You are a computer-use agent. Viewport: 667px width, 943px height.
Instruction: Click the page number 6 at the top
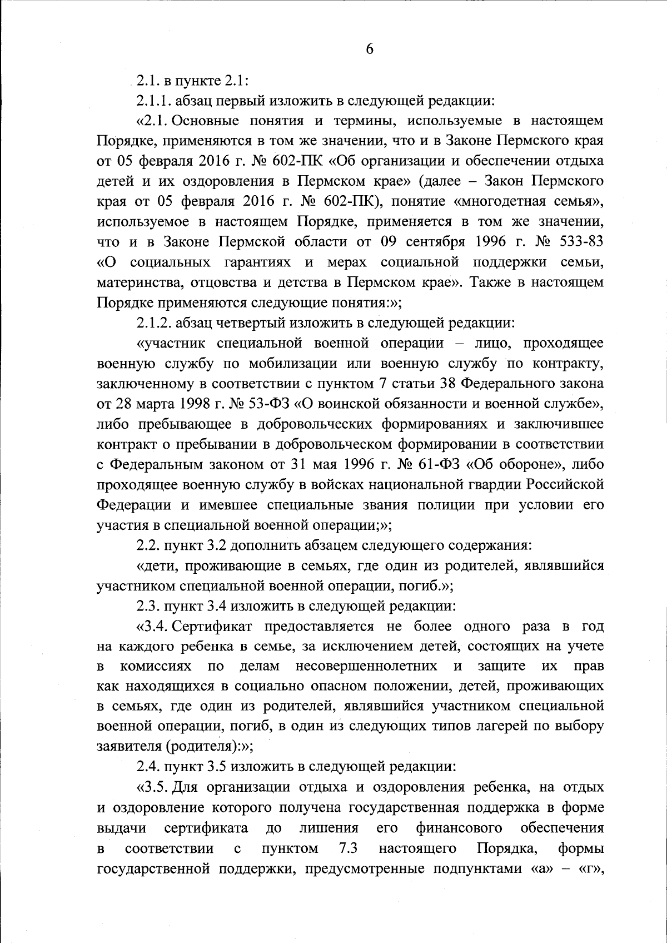(x=370, y=49)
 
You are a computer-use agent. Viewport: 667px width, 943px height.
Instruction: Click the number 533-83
(x=578, y=241)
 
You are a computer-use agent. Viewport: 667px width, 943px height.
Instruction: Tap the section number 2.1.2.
(x=154, y=322)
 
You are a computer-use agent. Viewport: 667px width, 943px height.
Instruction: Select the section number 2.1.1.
(x=154, y=101)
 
